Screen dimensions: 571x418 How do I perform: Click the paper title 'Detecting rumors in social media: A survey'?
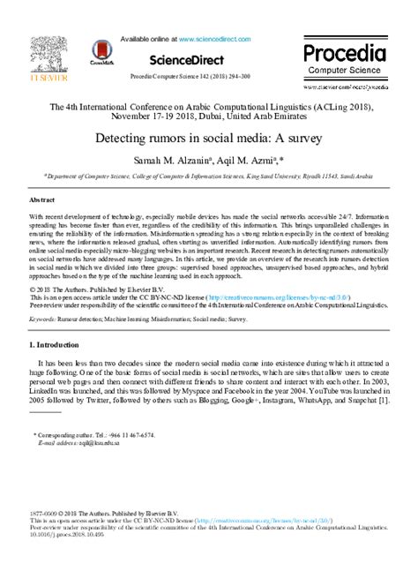208,139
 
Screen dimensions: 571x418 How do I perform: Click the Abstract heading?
43,200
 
